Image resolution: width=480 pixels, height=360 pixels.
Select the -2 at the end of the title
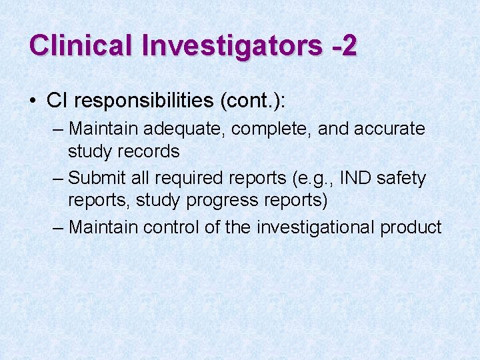coord(344,45)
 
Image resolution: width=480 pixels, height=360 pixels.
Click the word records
coord(149,151)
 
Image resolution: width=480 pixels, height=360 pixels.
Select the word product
coord(411,228)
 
